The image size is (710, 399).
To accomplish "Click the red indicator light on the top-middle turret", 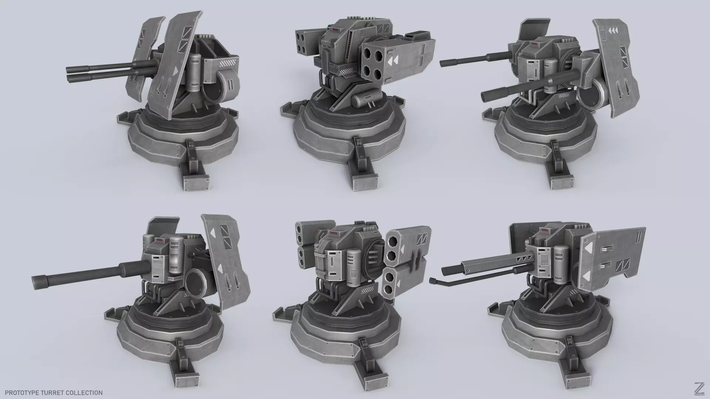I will coord(335,30).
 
